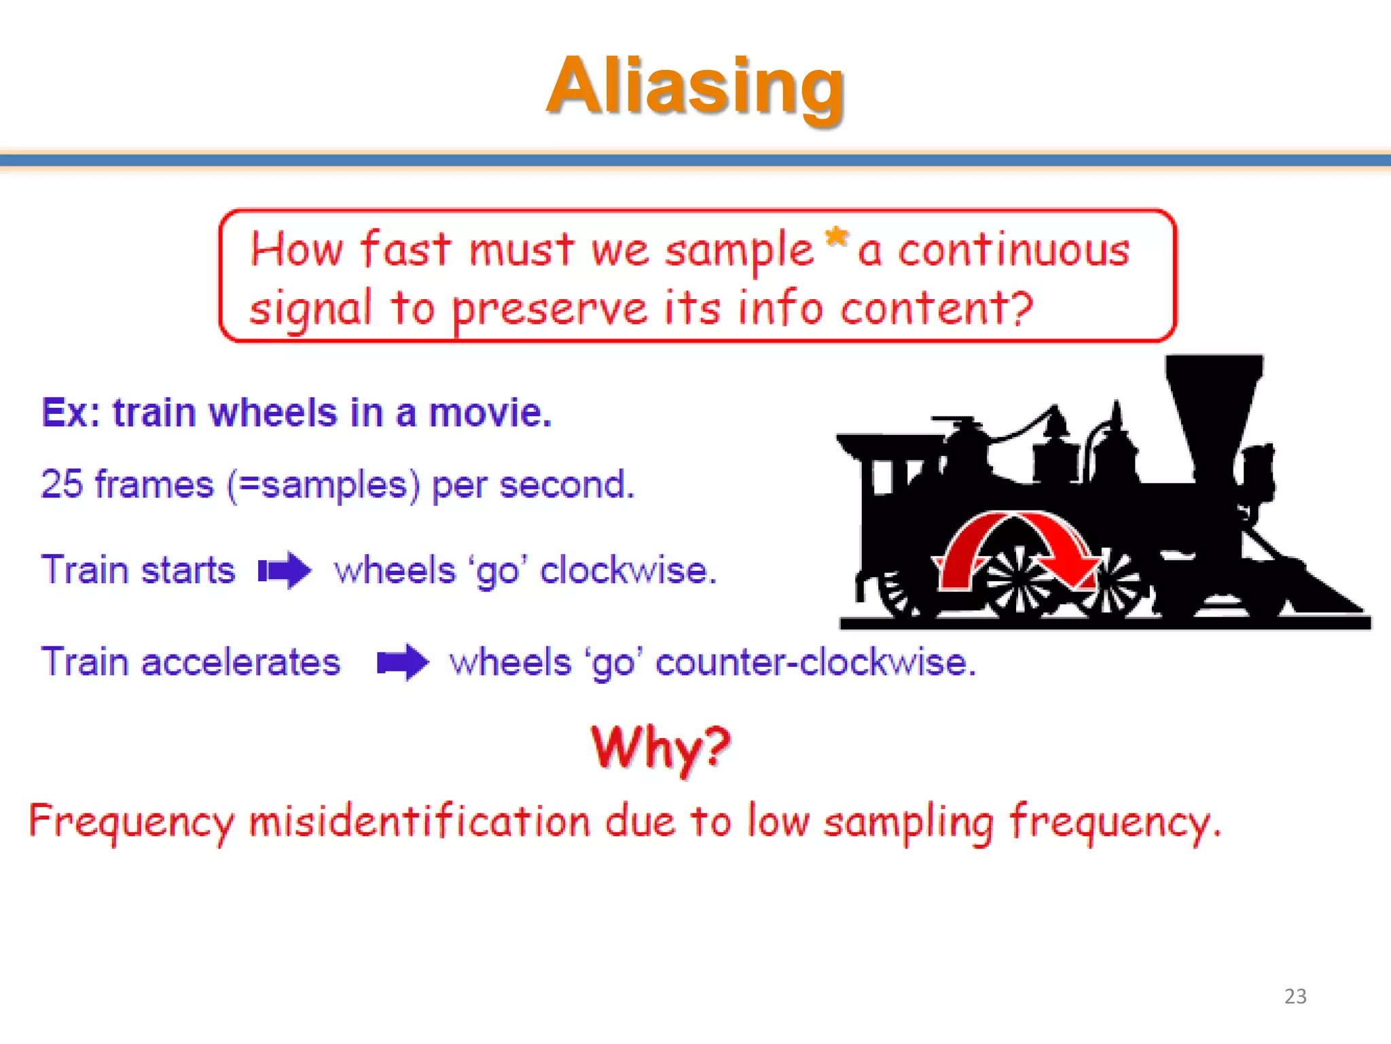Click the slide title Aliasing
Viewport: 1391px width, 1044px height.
point(695,86)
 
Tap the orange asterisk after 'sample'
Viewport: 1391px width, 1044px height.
point(836,238)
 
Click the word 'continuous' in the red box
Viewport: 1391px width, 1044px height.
point(1013,251)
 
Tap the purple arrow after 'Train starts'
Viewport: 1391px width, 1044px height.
point(285,570)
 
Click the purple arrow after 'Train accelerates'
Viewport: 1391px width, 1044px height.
point(403,661)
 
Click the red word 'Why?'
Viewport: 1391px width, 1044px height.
point(660,748)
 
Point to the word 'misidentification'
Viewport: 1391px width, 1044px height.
point(419,821)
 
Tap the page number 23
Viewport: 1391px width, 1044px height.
point(1295,996)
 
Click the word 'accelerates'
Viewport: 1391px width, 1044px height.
point(240,662)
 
